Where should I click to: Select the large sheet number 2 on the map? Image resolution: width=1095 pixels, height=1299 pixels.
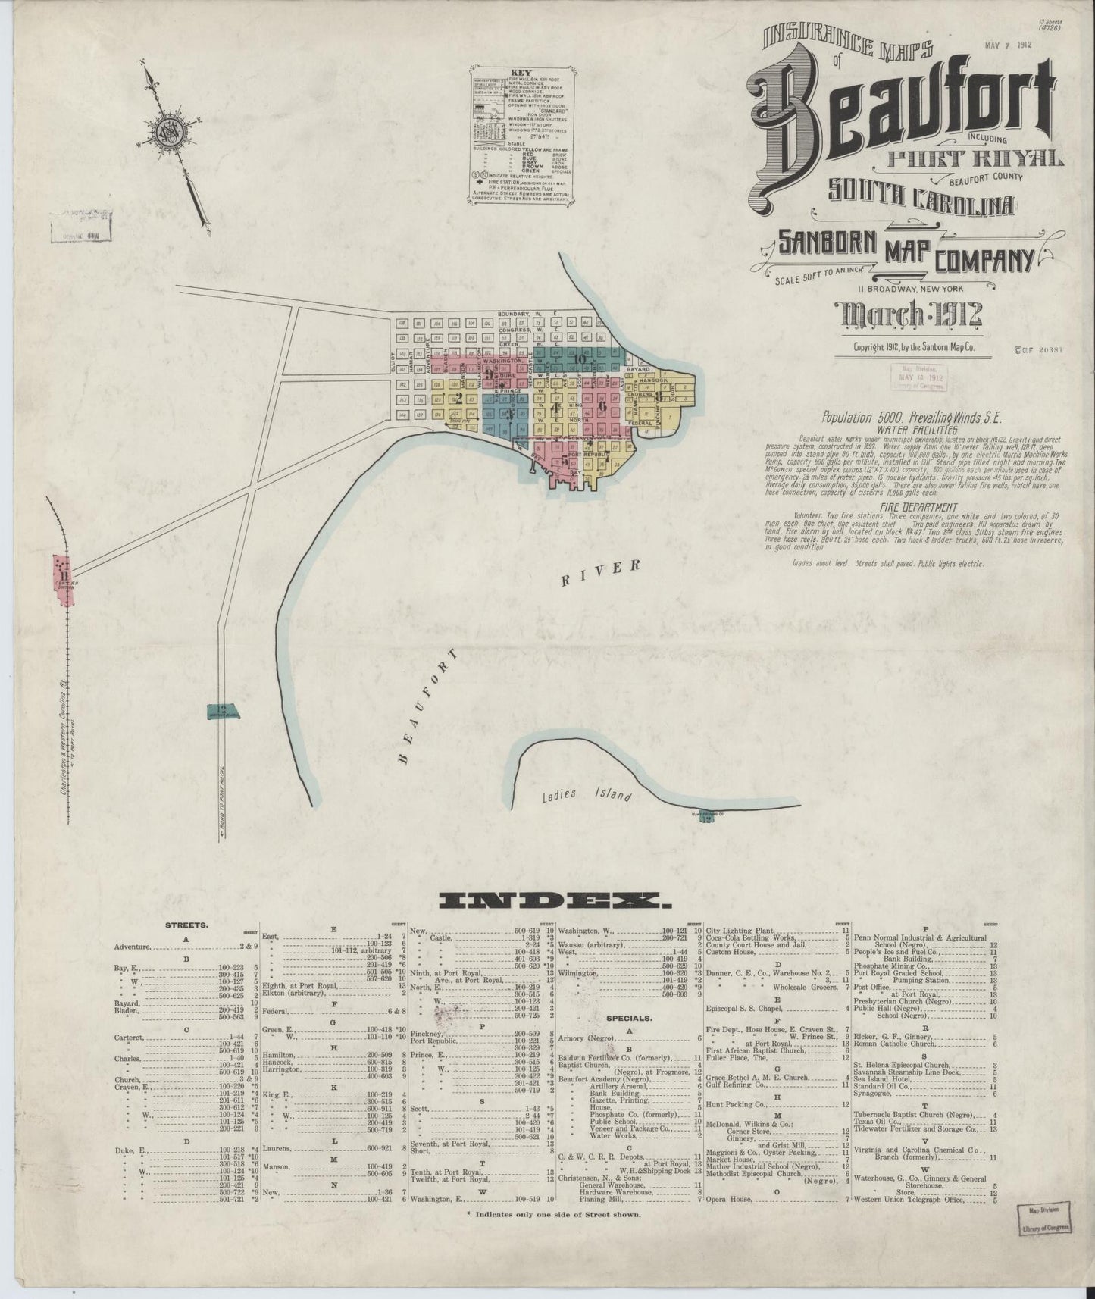click(x=457, y=396)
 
